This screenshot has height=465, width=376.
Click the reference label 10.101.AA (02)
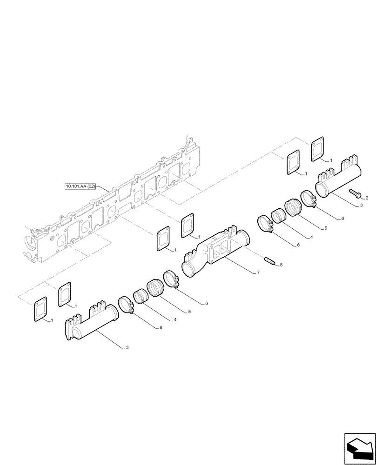pos(81,186)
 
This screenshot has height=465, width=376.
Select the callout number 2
pos(367,198)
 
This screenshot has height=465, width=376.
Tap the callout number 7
pos(258,272)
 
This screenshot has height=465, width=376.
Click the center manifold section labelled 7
pos(219,251)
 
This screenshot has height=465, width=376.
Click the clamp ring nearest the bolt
pos(309,200)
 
